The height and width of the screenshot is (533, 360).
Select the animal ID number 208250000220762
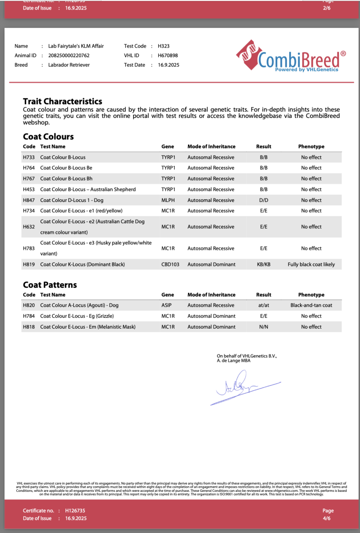tap(69, 56)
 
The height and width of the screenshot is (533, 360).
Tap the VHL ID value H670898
tap(168, 56)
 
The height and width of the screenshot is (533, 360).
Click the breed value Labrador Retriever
tap(69, 65)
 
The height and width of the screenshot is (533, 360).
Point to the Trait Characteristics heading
tap(62, 101)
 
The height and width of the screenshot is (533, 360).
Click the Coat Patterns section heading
tap(50, 285)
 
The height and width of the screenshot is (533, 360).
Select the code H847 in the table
tap(29, 200)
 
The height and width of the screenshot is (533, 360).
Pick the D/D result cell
tap(264, 200)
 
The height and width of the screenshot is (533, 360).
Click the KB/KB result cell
tap(264, 264)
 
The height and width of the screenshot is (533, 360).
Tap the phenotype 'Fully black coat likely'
tap(311, 264)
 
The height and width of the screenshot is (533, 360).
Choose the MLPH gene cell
tap(168, 200)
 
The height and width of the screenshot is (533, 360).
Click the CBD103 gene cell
tap(170, 264)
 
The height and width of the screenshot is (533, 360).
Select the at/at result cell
tap(264, 305)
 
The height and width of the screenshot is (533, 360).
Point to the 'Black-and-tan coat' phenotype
tap(311, 305)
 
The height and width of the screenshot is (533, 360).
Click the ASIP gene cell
tap(166, 305)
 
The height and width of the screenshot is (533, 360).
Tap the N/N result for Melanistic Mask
tap(264, 327)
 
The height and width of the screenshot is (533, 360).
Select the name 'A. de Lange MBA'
tap(234, 361)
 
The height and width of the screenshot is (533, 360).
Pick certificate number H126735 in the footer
tap(75, 511)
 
